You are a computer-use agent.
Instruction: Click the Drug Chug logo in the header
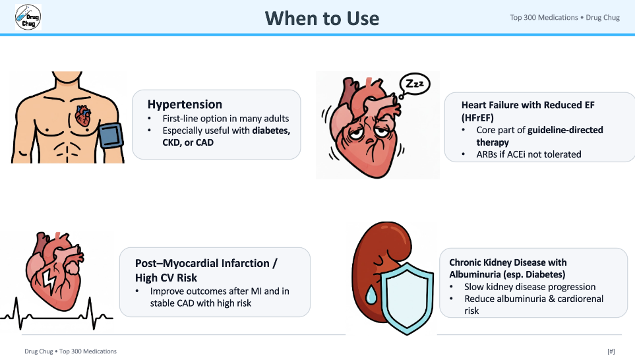click(x=28, y=17)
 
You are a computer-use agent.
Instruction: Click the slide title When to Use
click(x=322, y=18)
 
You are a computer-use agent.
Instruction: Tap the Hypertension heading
click(x=185, y=104)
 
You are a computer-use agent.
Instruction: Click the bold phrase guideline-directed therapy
click(x=539, y=136)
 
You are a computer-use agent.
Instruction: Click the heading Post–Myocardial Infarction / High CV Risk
click(x=206, y=270)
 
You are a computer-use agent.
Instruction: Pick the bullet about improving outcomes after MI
click(x=220, y=297)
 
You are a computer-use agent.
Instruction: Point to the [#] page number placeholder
click(x=611, y=351)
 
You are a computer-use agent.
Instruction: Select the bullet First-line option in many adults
click(x=226, y=119)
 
